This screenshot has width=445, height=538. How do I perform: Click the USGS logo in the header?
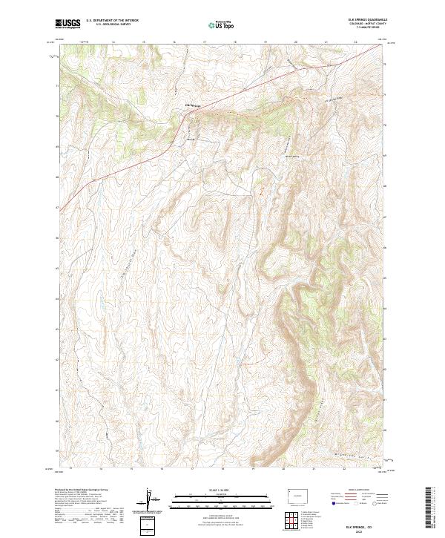point(68,24)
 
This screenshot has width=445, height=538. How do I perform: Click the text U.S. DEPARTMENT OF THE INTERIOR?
point(112,21)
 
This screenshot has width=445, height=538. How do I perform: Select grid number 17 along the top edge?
point(204,42)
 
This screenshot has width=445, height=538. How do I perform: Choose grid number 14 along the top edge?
point(112,42)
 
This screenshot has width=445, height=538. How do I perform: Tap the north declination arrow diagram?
point(151,500)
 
